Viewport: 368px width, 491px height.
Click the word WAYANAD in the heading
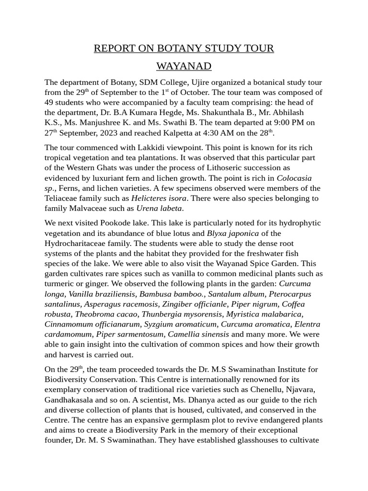click(184, 66)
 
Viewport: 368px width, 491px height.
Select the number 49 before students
click(50, 102)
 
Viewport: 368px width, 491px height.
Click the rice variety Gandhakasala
click(70, 400)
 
